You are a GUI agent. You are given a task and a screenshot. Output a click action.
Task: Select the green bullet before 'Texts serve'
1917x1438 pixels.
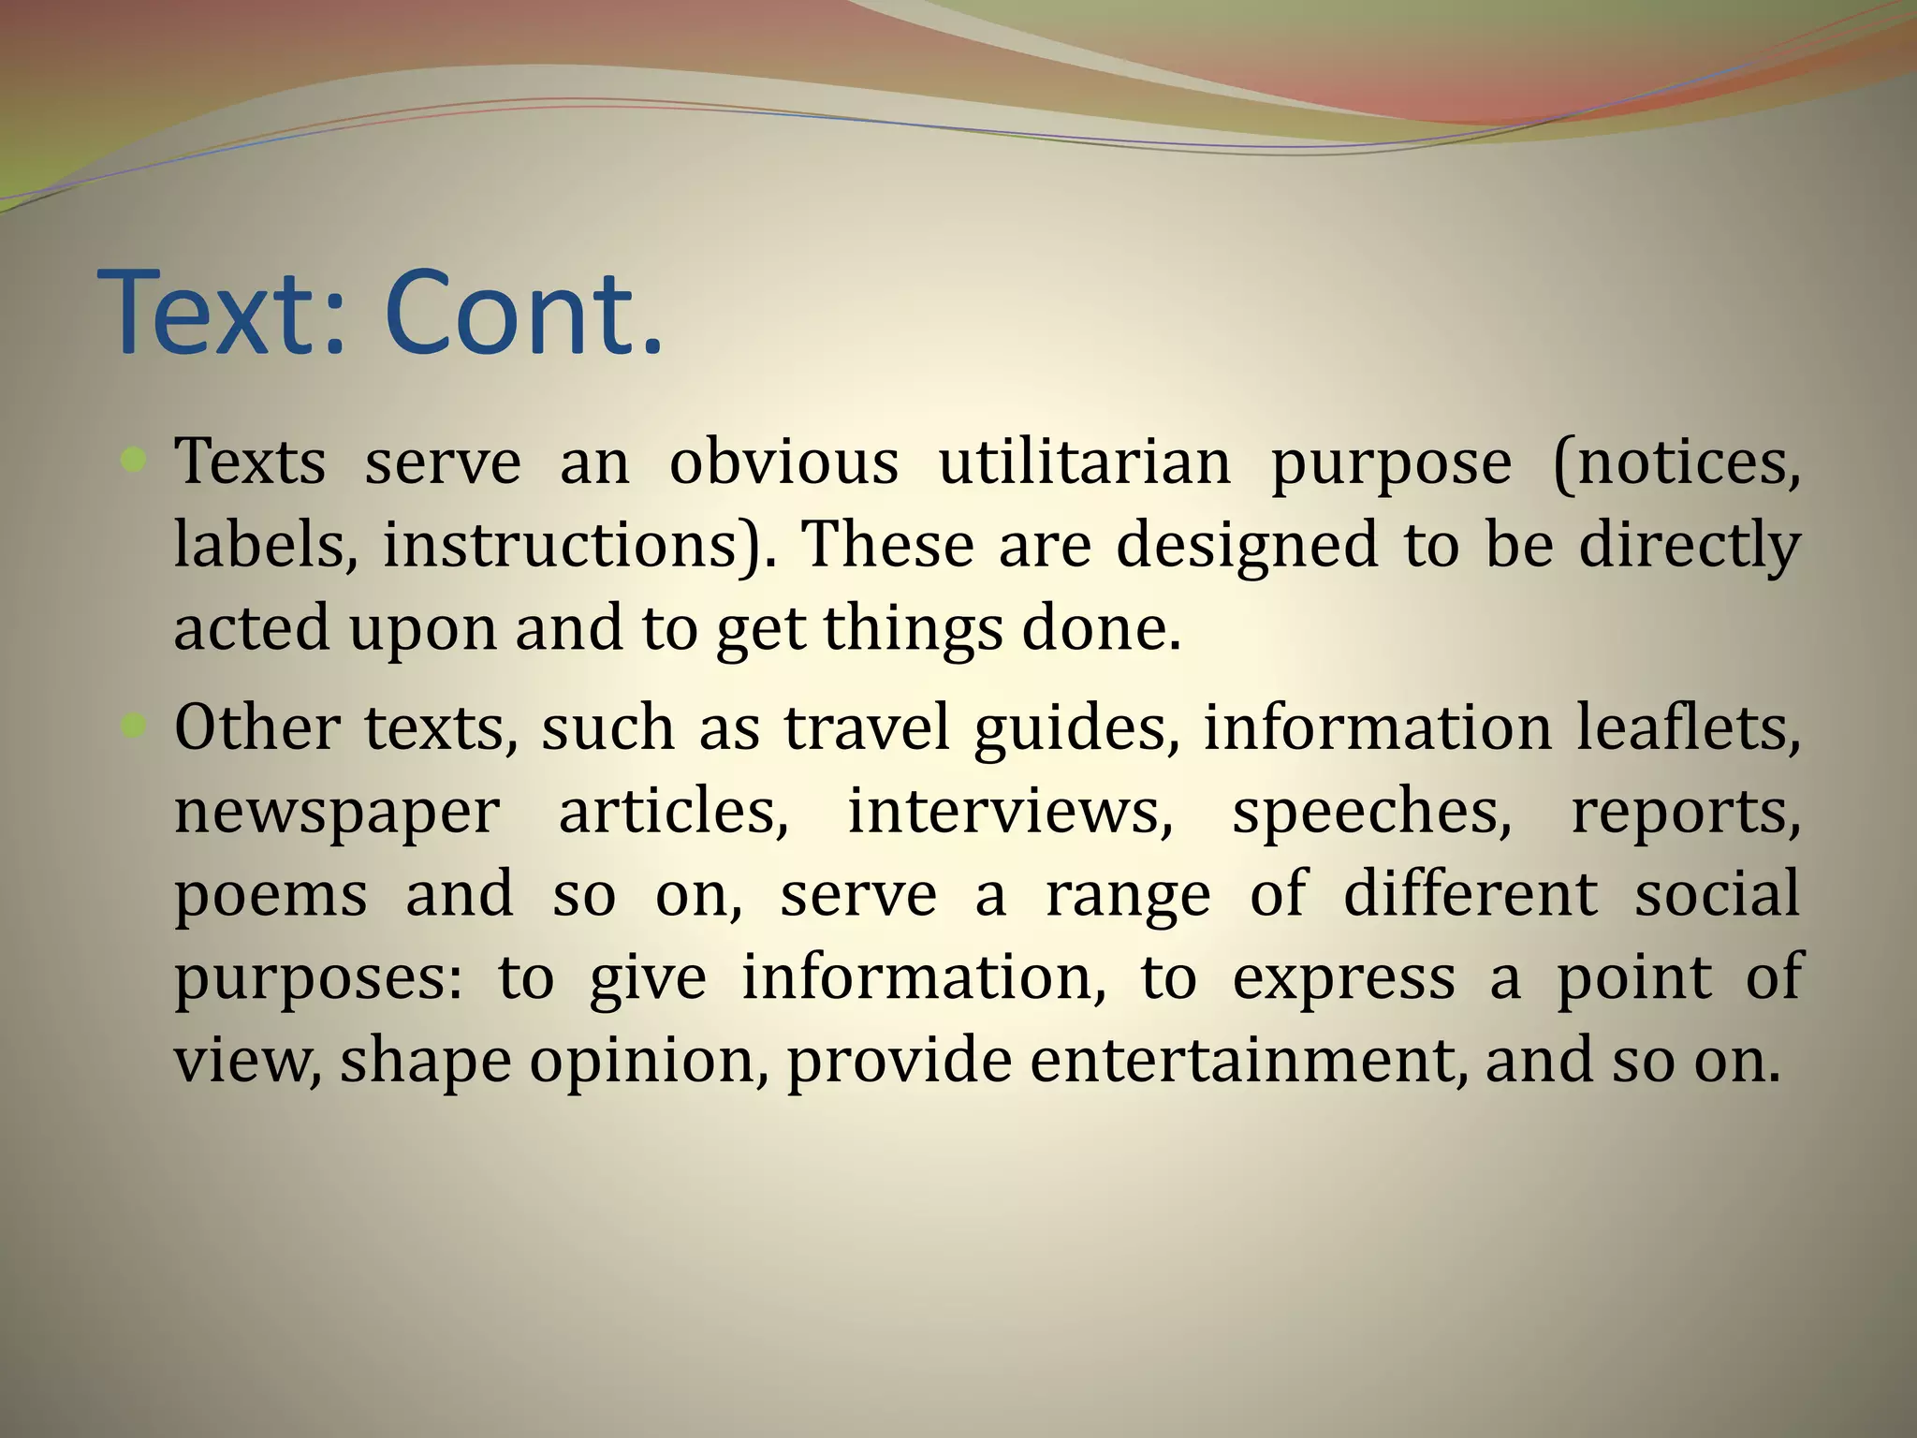coord(135,459)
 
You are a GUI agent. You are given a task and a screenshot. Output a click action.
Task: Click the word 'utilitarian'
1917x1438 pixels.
coord(1084,462)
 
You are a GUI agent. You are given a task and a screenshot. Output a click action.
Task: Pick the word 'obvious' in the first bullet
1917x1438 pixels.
coord(783,462)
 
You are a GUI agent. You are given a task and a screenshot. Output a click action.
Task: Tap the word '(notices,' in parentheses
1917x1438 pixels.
coord(1676,463)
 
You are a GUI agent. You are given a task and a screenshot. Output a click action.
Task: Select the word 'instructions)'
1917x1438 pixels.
coord(579,545)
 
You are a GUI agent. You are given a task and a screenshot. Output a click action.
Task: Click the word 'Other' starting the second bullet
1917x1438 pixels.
coord(256,727)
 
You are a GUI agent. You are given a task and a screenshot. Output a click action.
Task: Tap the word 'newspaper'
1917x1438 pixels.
coord(337,813)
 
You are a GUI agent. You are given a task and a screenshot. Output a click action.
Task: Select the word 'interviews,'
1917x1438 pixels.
coord(1010,811)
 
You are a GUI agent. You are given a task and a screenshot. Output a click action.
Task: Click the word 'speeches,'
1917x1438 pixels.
coord(1371,813)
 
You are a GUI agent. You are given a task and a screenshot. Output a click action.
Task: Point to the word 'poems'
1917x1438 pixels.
coord(271,895)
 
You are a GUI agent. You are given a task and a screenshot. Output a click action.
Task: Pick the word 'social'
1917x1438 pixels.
coord(1717,893)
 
